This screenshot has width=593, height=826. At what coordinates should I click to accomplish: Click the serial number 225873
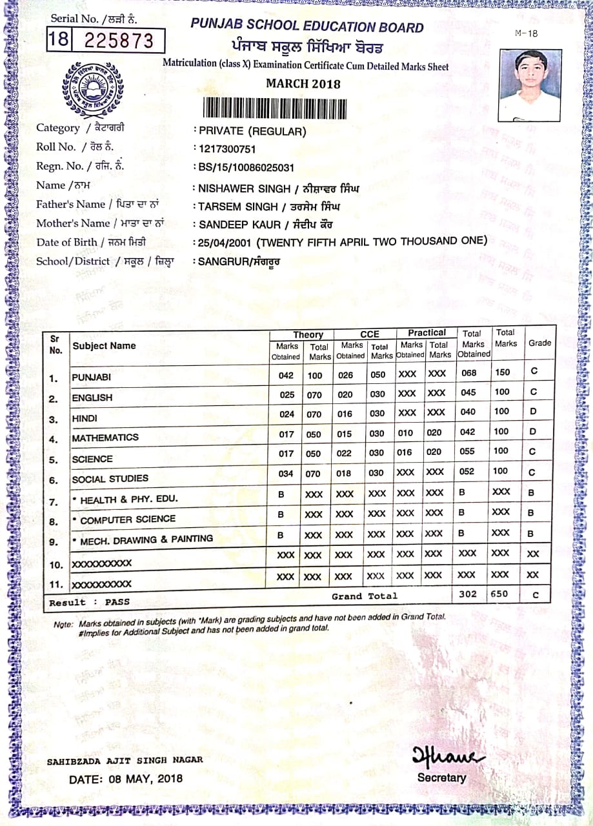coord(119,41)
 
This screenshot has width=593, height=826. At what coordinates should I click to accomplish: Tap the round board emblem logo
coord(93,88)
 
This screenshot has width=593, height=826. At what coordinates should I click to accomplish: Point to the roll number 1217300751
coord(228,149)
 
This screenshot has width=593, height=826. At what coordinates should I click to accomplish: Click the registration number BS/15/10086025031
coord(246,168)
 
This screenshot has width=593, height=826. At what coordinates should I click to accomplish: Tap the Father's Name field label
coord(70,205)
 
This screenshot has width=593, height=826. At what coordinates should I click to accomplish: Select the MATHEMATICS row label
coord(105,438)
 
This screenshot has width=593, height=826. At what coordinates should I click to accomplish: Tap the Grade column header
coord(539,343)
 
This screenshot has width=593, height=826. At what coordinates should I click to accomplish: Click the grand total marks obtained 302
coord(468,594)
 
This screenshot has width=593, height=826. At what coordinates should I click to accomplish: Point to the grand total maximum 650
coord(499,594)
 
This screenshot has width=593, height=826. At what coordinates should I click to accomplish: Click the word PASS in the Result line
coord(117,601)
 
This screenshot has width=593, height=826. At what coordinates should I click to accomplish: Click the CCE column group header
coord(370,334)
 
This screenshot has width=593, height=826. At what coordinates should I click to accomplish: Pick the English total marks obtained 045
coord(468,392)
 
